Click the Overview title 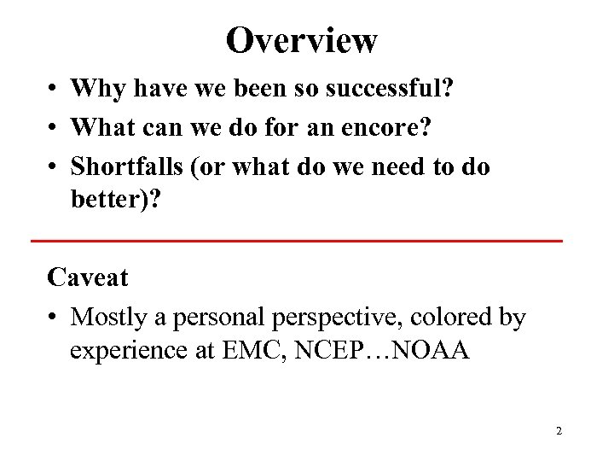[x=301, y=39]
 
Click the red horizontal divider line [x=297, y=242]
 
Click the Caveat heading [x=88, y=277]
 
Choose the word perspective [x=335, y=318]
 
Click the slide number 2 [x=559, y=431]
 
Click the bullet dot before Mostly [x=53, y=318]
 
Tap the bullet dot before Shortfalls [x=53, y=167]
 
